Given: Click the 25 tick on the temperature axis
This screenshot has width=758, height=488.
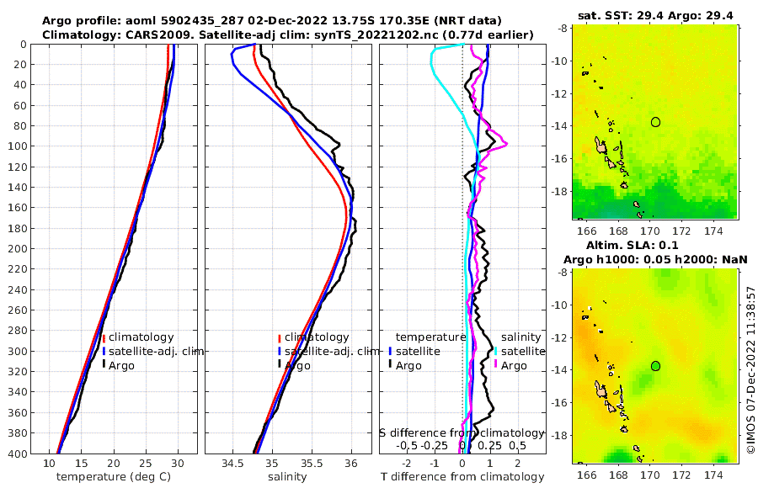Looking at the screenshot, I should tap(145, 463).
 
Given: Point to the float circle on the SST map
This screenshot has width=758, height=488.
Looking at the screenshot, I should tap(655, 122).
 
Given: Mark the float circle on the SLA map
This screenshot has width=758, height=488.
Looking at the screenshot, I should tap(655, 366).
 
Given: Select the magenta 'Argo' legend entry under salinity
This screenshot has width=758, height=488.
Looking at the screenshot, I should tap(514, 365).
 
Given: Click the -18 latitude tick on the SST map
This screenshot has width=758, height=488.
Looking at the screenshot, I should tap(559, 191).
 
